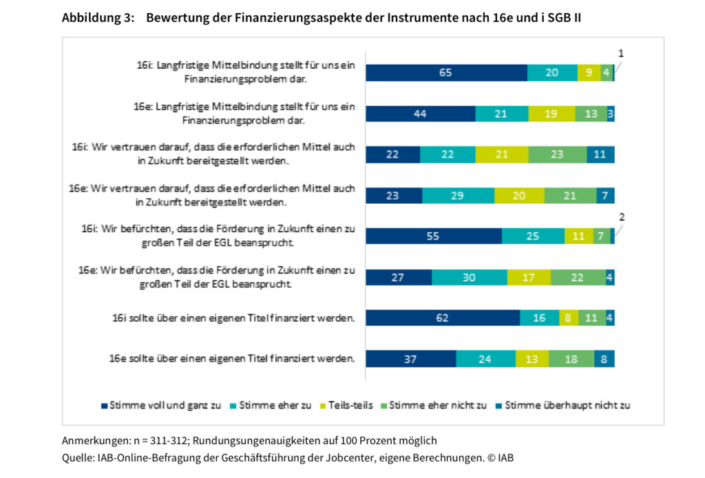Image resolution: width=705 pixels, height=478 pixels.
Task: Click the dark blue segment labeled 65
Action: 446,72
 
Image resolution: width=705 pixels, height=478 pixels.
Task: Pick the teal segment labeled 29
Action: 458,196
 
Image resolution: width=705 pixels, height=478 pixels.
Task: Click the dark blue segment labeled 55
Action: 434,236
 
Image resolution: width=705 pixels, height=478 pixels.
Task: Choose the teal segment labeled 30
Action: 470,277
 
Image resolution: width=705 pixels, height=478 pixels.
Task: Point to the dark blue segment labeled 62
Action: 443,318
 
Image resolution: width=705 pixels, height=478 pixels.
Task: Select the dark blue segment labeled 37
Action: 411,359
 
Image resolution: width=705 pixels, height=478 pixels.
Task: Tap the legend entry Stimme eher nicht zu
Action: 438,405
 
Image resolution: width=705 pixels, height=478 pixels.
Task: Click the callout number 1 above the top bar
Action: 620,53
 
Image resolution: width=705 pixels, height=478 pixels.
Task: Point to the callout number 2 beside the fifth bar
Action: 622,216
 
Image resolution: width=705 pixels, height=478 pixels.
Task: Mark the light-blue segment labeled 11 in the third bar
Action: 600,154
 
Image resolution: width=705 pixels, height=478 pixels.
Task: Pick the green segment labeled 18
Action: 571,359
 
